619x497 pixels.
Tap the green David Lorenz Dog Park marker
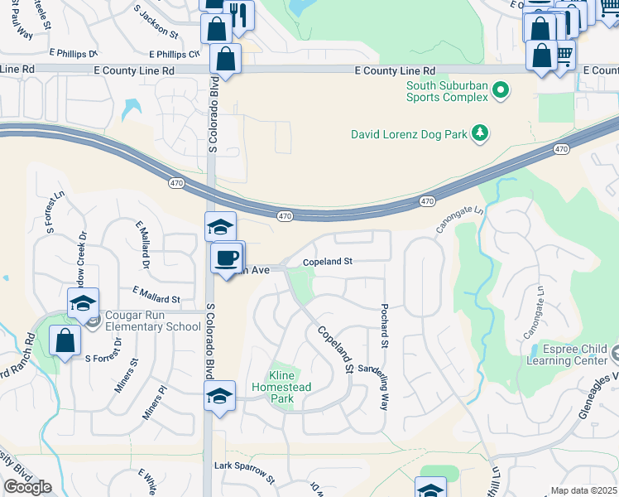tap(479, 133)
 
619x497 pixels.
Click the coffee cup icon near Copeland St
tap(226, 258)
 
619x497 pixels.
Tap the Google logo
tap(27, 487)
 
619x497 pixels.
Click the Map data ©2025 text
tap(584, 490)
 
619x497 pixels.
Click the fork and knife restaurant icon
tap(239, 14)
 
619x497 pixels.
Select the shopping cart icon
tap(564, 54)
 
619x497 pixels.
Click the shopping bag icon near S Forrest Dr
tap(65, 340)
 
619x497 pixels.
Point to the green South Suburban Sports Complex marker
tap(500, 89)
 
